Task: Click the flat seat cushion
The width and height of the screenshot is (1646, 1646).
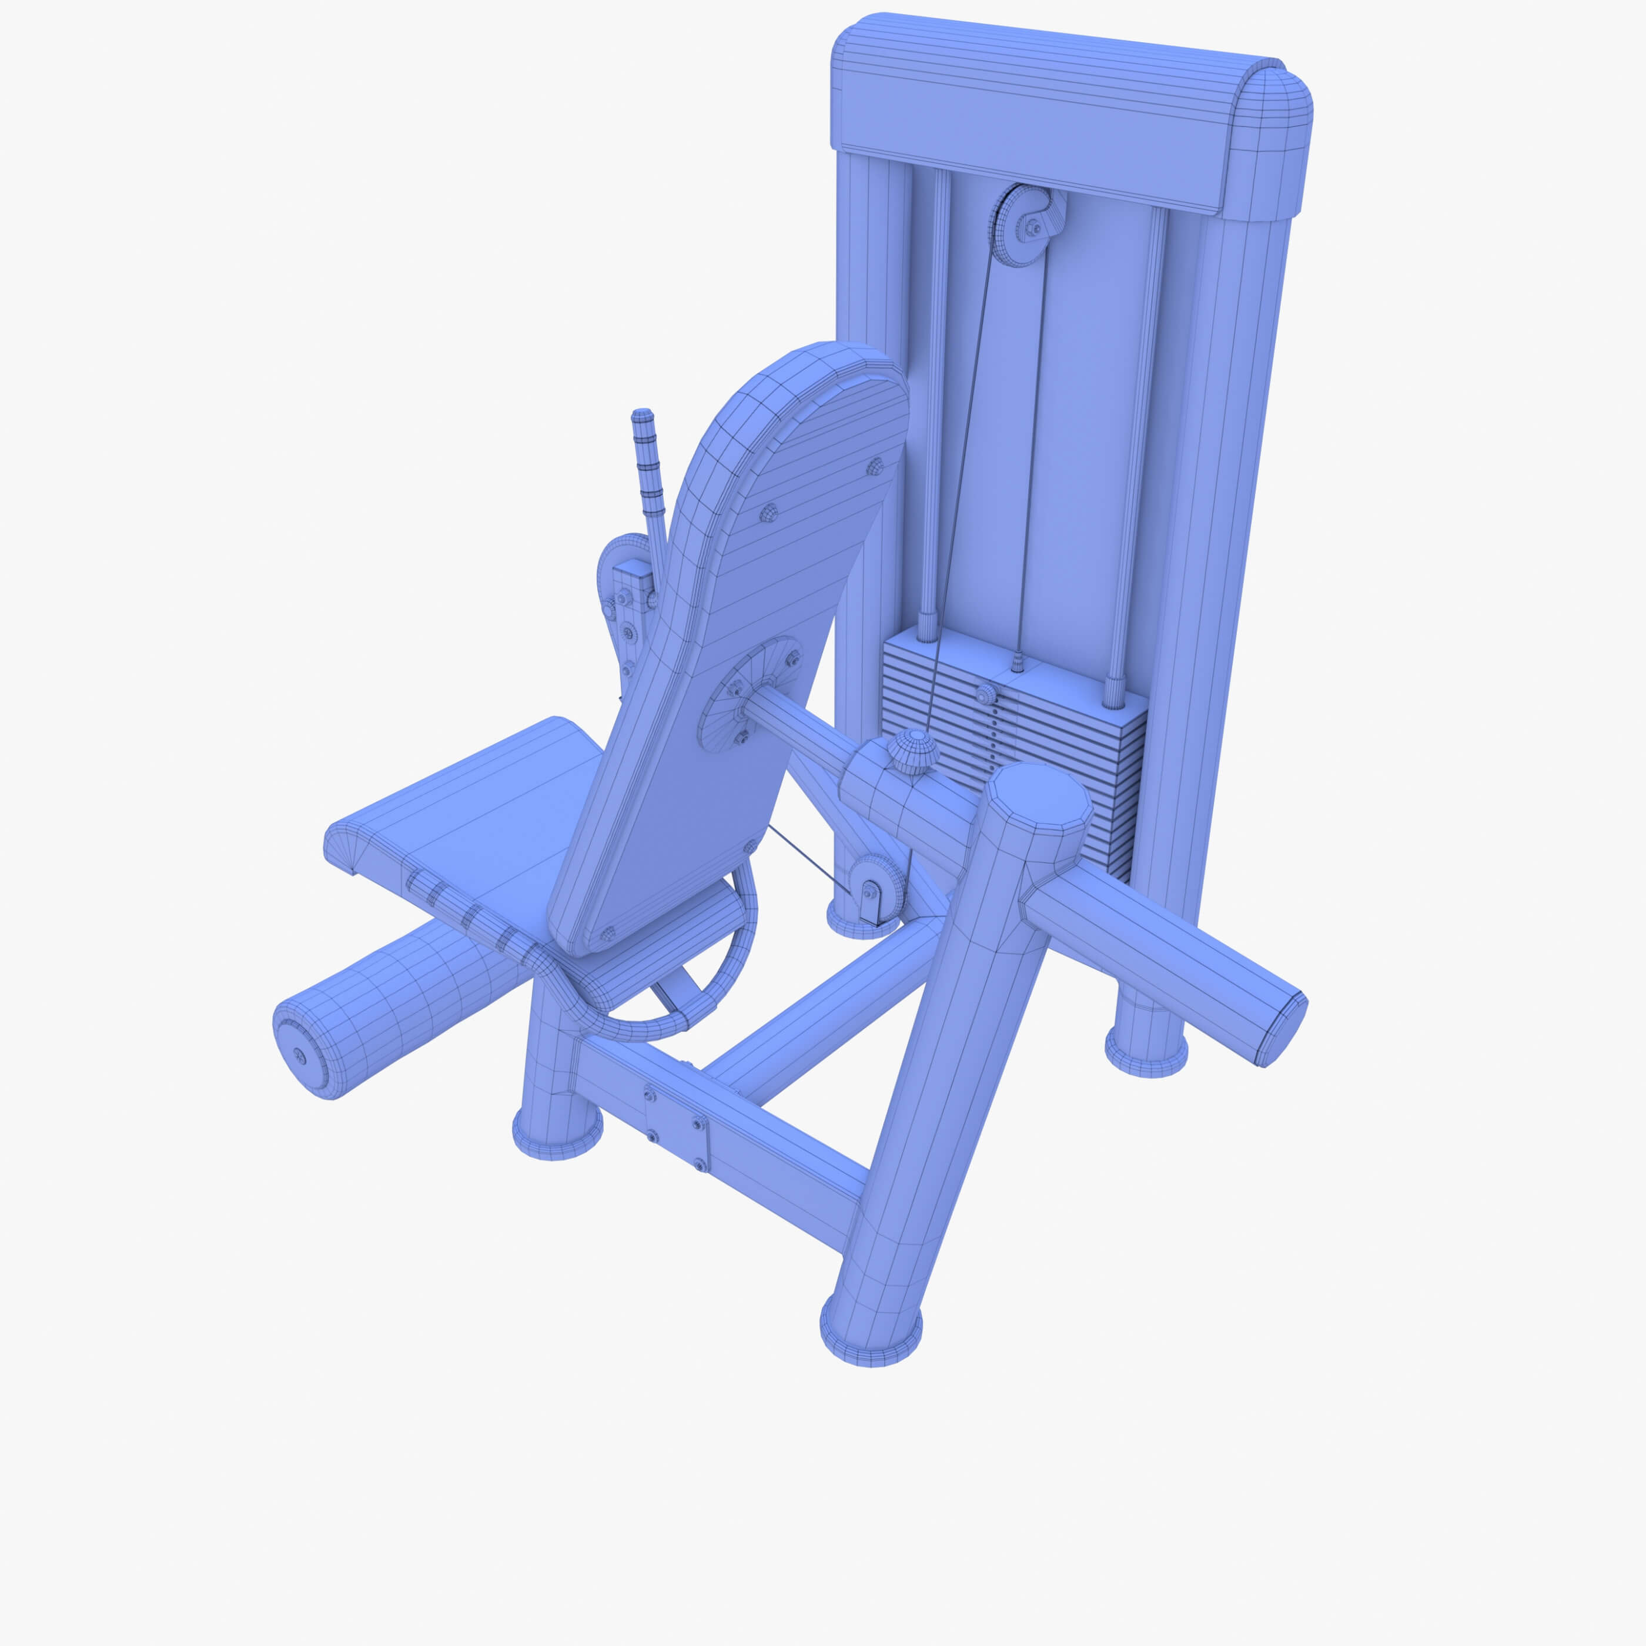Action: pyautogui.click(x=477, y=818)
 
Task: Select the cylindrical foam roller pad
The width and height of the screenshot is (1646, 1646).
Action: pyautogui.click(x=400, y=1005)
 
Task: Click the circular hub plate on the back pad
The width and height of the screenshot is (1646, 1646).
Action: pyautogui.click(x=748, y=694)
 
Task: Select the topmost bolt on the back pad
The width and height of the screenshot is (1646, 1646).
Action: pyautogui.click(x=874, y=466)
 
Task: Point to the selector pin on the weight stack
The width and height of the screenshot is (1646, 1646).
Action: pyautogui.click(x=986, y=694)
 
